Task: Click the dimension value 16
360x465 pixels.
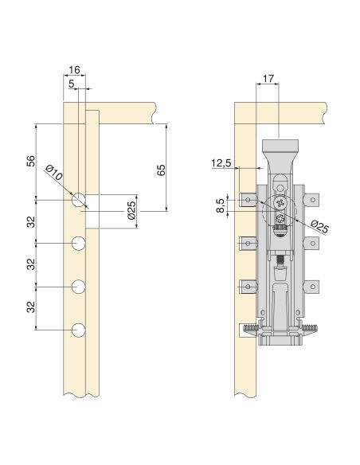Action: pyautogui.click(x=74, y=70)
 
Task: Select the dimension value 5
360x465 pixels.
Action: pyautogui.click(x=71, y=84)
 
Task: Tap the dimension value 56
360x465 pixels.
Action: pyautogui.click(x=31, y=161)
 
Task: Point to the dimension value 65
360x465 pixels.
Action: pyautogui.click(x=161, y=170)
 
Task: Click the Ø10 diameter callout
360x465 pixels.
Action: pyautogui.click(x=54, y=174)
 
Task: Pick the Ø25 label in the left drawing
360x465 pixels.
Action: pyautogui.click(x=131, y=210)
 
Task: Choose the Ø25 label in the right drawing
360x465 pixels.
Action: pyautogui.click(x=320, y=226)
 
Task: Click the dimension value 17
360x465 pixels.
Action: pyautogui.click(x=268, y=79)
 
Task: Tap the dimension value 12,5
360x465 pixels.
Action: pyautogui.click(x=221, y=163)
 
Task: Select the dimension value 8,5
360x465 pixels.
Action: pyautogui.click(x=220, y=205)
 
